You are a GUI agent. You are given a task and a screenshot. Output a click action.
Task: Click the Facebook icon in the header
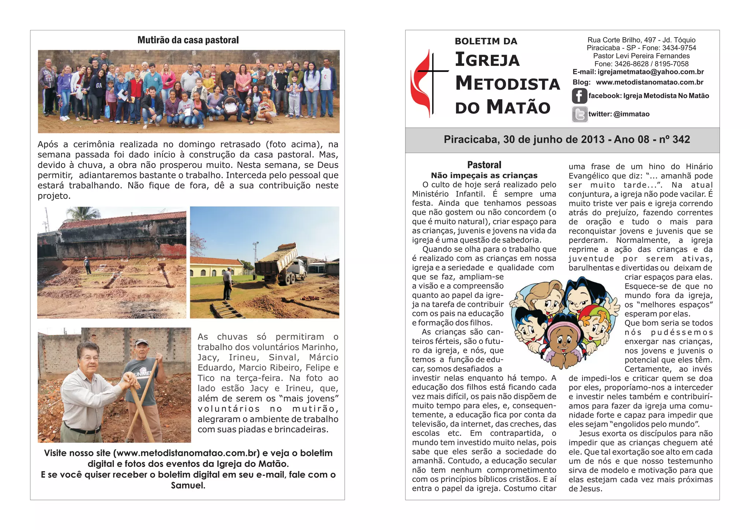(579, 96)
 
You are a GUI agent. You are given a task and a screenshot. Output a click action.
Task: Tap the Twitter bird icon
(579, 114)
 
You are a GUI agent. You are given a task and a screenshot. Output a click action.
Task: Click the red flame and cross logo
(427, 84)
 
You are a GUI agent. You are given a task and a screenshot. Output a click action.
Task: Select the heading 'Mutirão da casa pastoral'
(188, 40)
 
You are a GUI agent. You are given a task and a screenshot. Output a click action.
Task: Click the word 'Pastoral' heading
(484, 165)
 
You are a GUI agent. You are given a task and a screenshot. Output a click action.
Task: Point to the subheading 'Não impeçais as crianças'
(484, 175)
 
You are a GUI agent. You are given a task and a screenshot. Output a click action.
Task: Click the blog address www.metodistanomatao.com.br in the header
(649, 82)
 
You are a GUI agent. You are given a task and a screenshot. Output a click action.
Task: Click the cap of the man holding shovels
(141, 342)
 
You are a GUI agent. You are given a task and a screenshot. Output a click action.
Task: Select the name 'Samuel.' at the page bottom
(188, 486)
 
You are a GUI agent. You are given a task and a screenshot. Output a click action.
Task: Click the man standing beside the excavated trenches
(88, 265)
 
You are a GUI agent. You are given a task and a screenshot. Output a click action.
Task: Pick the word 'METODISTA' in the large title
(508, 84)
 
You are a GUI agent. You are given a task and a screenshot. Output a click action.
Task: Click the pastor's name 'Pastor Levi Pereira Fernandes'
(641, 56)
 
